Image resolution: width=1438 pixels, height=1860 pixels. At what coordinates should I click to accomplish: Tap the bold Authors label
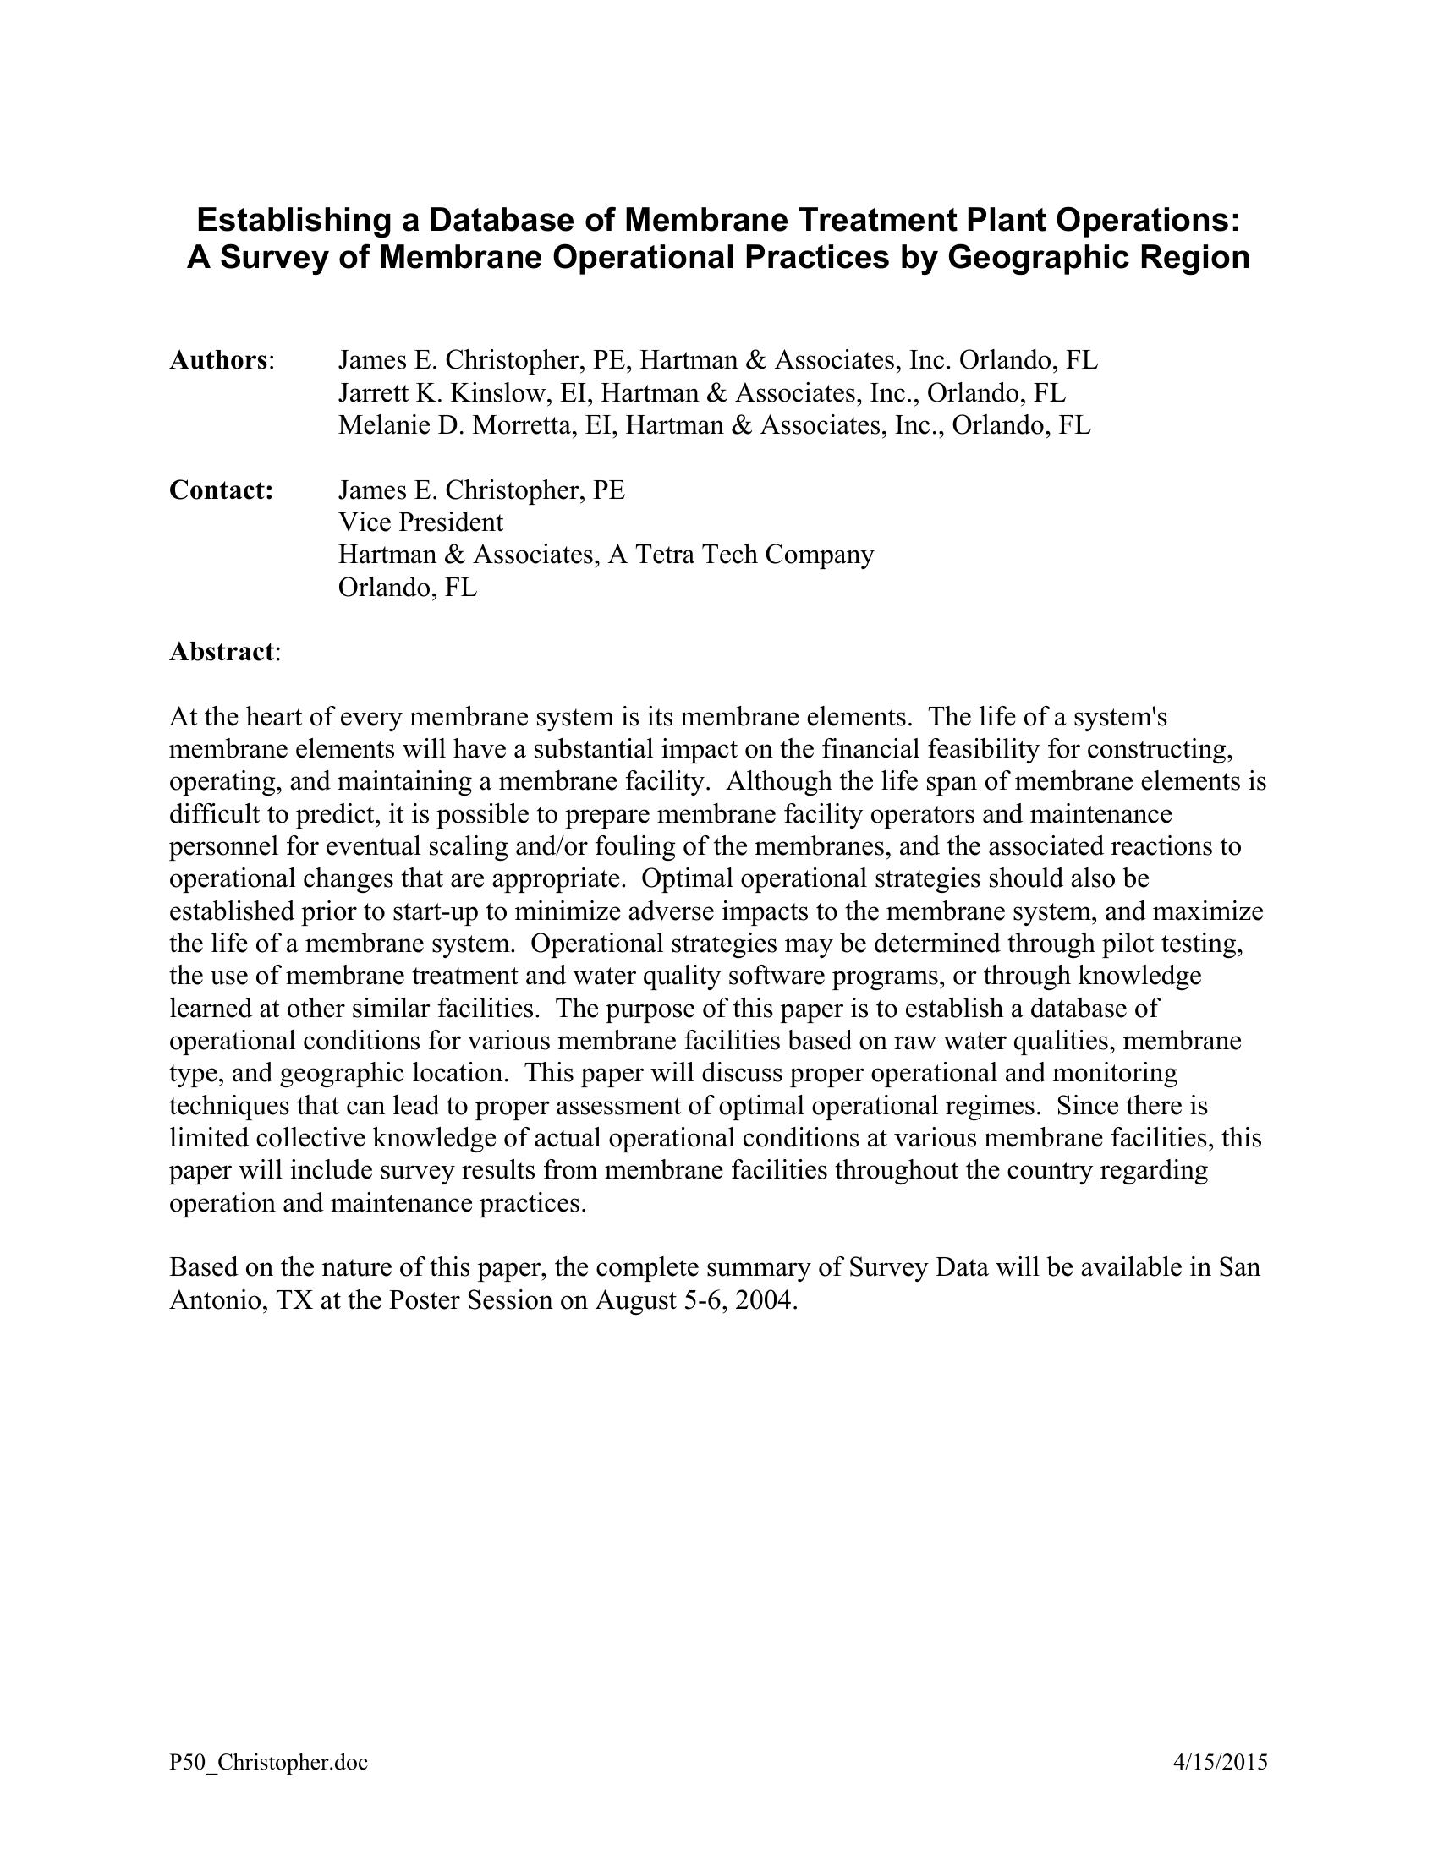pos(219,360)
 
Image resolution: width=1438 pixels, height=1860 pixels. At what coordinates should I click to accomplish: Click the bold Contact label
pos(221,490)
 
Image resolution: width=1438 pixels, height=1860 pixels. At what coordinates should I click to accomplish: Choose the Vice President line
pos(421,522)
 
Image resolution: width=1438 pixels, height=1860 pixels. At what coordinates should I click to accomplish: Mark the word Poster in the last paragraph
pos(431,1300)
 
